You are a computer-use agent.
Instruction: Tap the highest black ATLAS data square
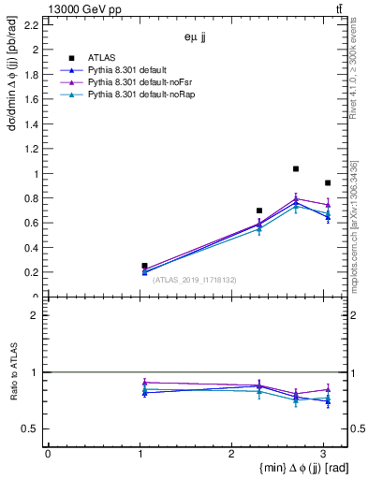pos(296,169)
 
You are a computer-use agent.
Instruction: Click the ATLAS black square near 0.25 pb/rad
pos(144,266)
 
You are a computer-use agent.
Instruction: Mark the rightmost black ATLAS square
pos(327,183)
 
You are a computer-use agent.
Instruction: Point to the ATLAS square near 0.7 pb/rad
pos(259,210)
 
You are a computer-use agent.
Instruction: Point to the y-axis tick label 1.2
pos(31,149)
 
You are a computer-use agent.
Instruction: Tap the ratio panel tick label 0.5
pos(31,428)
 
